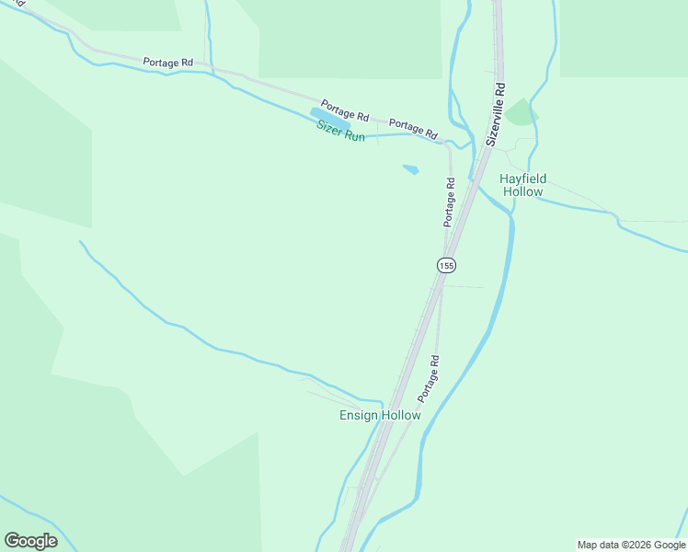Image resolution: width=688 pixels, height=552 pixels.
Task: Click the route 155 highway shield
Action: tap(446, 265)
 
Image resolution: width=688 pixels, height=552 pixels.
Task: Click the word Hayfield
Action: tap(522, 178)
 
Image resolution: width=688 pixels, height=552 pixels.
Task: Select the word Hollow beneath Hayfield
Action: tap(522, 192)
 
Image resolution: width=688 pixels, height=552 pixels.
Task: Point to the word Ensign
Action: tap(359, 416)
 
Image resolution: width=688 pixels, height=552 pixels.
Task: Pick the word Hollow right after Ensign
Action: tap(401, 416)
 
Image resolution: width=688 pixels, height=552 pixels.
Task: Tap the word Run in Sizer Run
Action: tap(355, 136)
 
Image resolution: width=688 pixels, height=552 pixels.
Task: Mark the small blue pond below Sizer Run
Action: tap(410, 169)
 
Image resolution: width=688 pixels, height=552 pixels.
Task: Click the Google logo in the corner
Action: tap(30, 541)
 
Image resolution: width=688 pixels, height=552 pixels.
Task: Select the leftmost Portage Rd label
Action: tap(168, 63)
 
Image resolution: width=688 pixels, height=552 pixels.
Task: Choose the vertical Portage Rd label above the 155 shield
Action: tap(450, 202)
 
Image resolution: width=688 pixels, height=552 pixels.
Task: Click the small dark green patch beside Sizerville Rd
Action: tap(522, 113)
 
